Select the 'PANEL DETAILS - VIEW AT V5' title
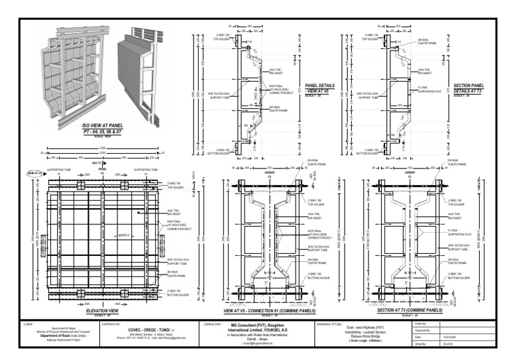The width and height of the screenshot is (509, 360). [319, 88]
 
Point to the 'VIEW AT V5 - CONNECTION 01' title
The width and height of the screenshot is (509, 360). [270, 310]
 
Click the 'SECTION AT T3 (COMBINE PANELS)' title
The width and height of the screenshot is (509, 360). [410, 310]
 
